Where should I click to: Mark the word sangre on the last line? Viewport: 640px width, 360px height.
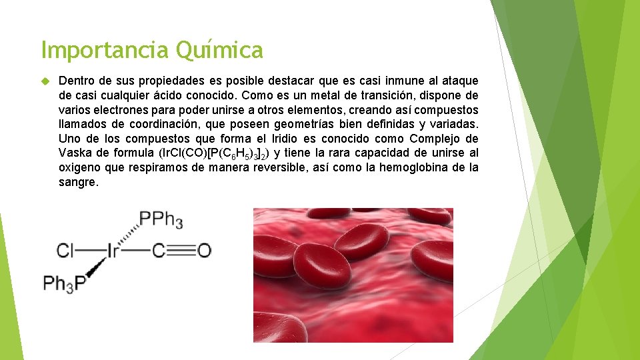coord(78,183)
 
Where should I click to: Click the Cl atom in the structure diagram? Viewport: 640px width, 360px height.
coord(65,251)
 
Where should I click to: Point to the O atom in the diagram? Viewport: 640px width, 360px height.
coord(204,251)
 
